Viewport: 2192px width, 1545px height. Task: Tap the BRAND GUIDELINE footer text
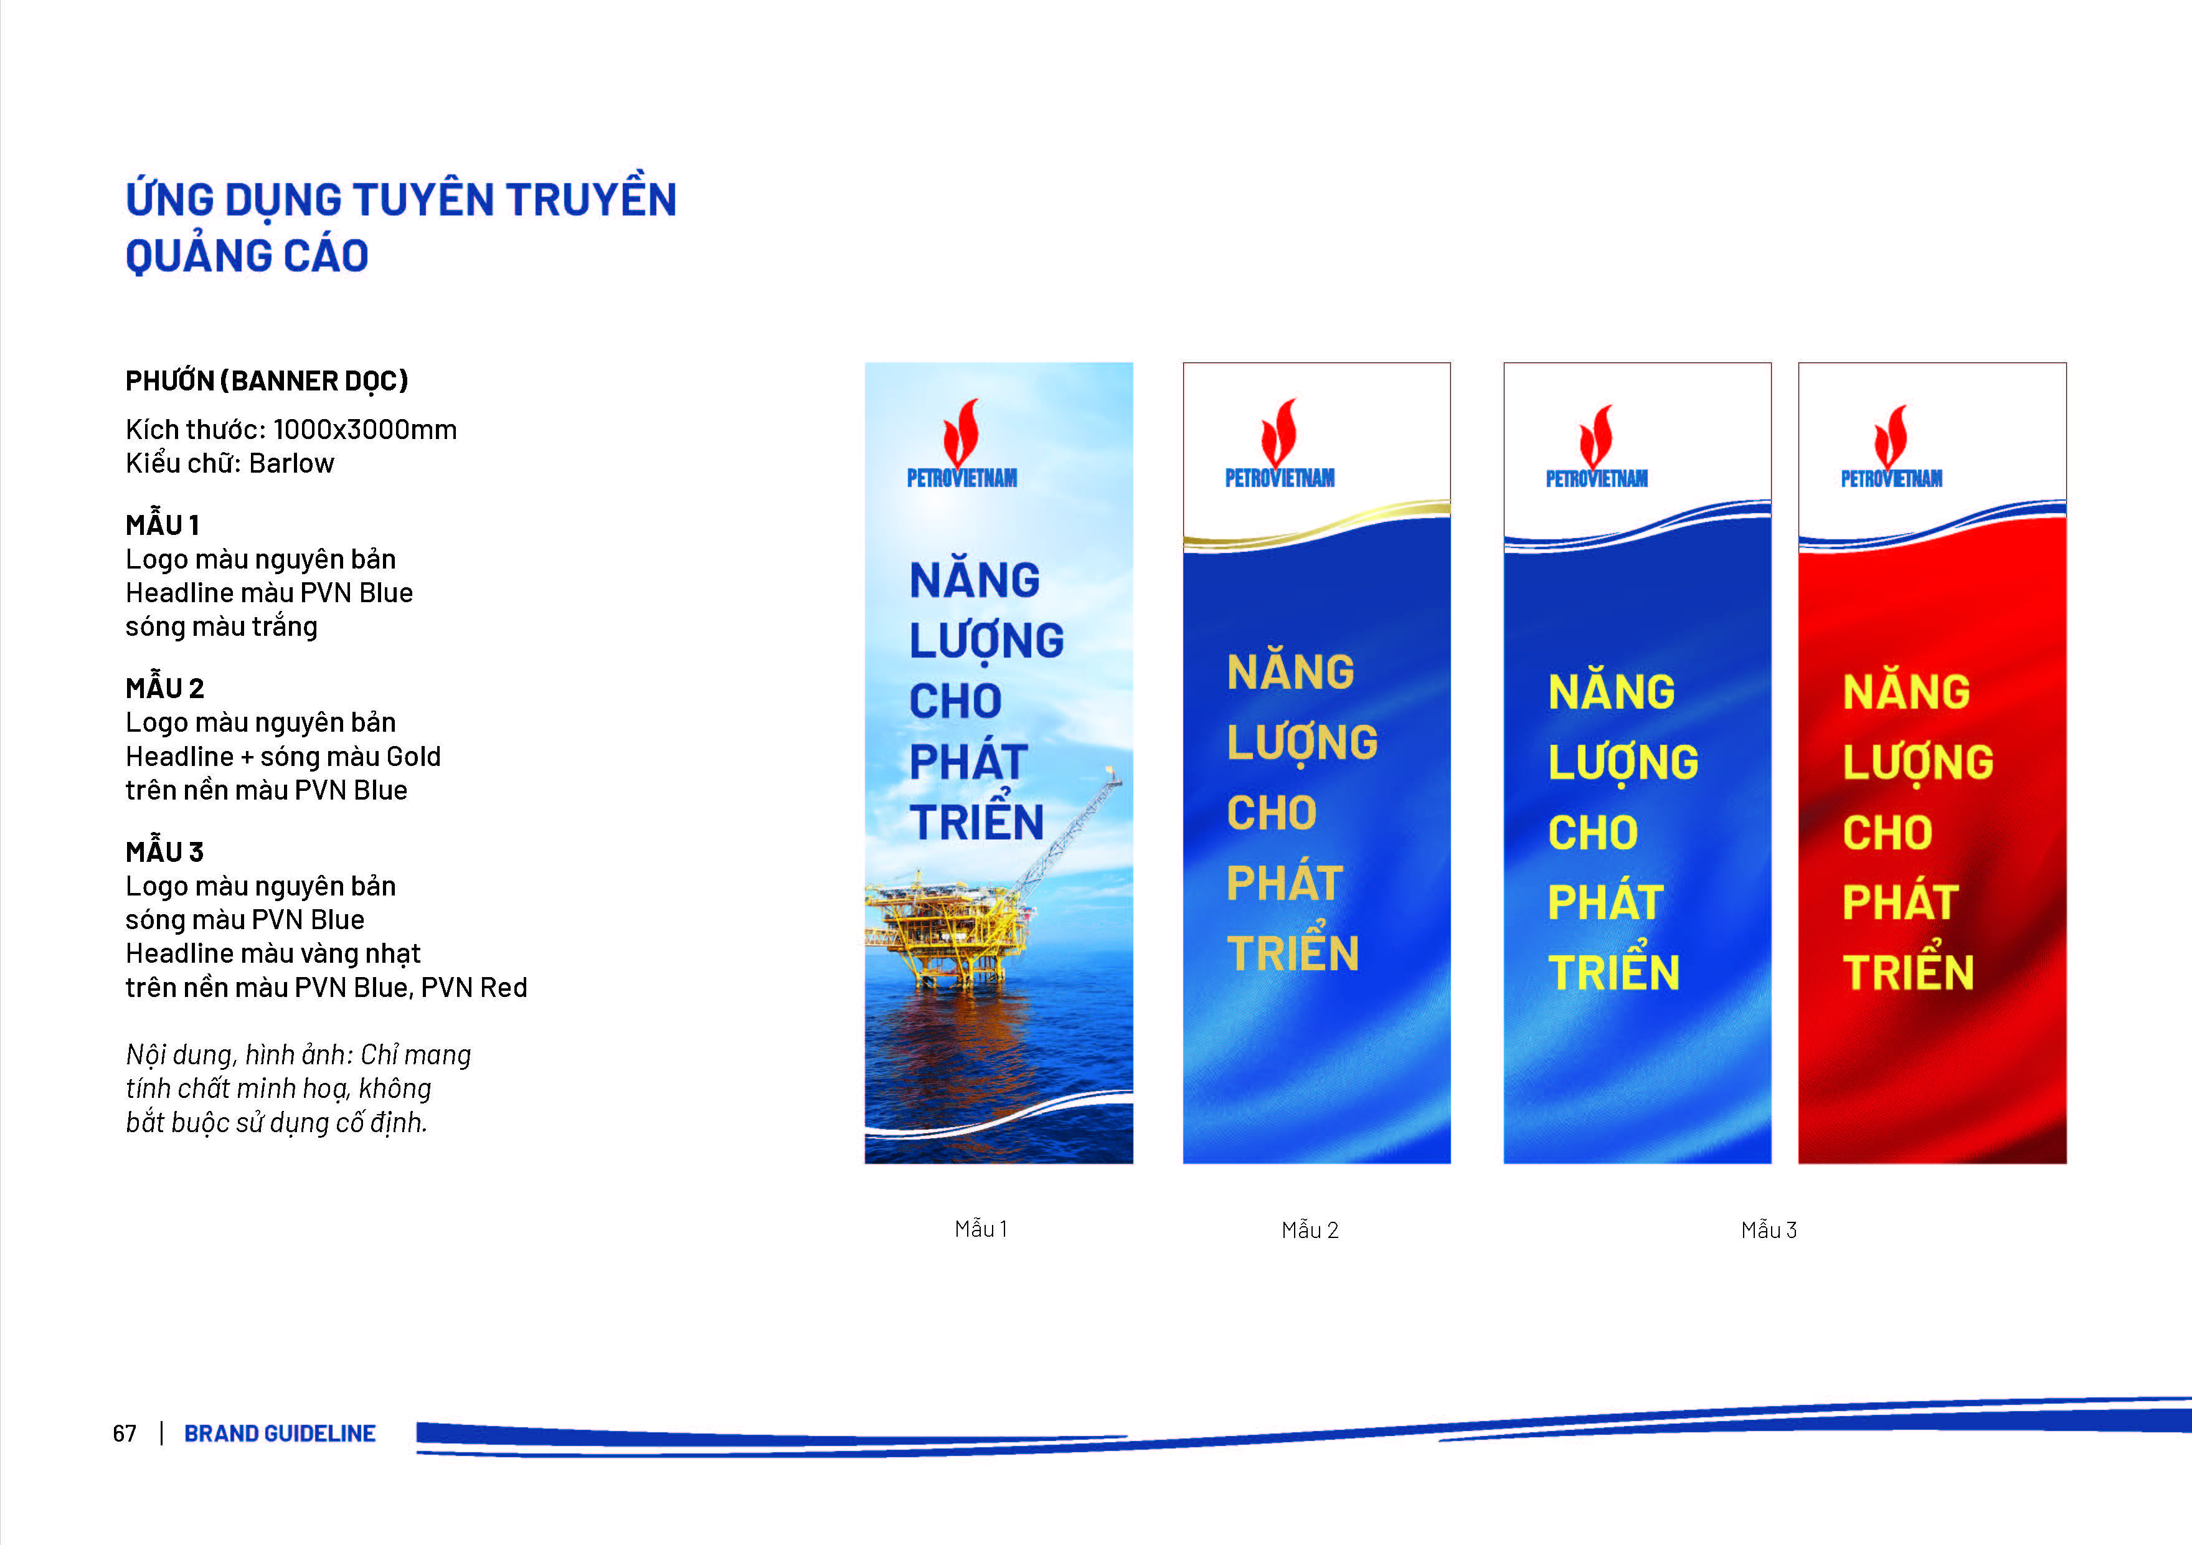(x=280, y=1434)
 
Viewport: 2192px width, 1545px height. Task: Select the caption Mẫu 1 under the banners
(x=980, y=1229)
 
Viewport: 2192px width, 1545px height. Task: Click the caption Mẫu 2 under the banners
(x=1310, y=1230)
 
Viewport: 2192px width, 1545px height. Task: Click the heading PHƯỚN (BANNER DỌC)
(x=267, y=381)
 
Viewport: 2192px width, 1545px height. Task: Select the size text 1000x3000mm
(x=365, y=430)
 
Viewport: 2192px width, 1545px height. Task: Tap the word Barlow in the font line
(x=291, y=463)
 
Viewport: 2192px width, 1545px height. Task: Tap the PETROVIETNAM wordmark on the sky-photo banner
(x=961, y=478)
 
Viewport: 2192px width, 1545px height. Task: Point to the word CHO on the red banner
(x=1887, y=833)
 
